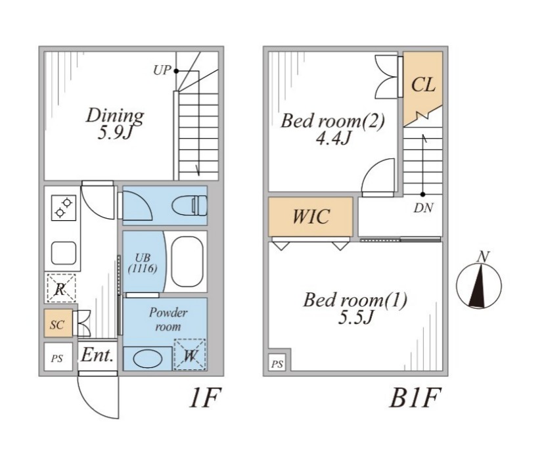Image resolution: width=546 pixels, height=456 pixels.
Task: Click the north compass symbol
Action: click(x=479, y=284)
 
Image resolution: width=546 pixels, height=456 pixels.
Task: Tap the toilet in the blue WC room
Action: click(x=190, y=206)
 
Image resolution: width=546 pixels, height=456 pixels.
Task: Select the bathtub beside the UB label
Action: click(x=187, y=261)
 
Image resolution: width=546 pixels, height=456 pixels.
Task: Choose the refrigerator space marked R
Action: click(x=61, y=288)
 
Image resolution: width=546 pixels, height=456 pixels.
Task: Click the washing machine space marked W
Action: click(x=189, y=355)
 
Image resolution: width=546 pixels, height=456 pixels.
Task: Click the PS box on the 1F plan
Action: click(x=58, y=358)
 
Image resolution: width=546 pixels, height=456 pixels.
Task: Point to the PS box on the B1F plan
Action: click(x=277, y=363)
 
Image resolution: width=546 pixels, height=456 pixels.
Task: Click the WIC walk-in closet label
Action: click(x=311, y=216)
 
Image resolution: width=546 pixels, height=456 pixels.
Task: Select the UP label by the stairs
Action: click(x=162, y=70)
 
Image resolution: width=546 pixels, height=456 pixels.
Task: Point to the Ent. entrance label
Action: click(x=97, y=355)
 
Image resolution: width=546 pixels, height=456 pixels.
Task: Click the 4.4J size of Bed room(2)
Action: click(x=332, y=139)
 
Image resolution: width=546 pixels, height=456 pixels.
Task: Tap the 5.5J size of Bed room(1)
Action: click(x=355, y=318)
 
